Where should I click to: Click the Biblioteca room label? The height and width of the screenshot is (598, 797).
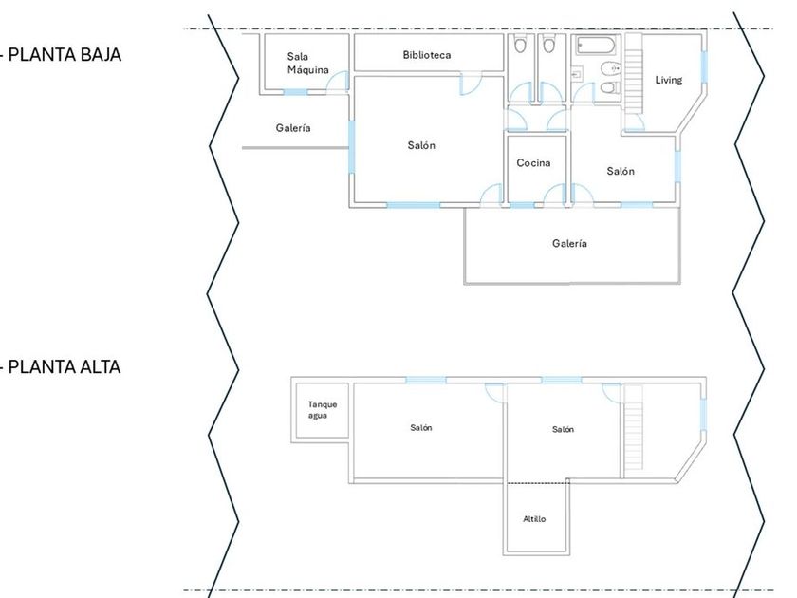point(426,55)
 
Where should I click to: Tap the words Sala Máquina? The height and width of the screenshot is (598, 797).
point(307,64)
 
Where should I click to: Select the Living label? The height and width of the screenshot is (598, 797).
point(669,80)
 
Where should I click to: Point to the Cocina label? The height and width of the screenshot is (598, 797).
point(533,163)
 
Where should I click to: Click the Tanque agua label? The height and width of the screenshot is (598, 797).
point(322,410)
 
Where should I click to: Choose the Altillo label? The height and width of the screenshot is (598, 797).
point(534,519)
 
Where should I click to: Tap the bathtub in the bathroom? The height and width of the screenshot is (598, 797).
point(595,48)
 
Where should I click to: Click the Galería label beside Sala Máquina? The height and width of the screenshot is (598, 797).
point(293,128)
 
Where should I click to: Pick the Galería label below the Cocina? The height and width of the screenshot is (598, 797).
point(569,244)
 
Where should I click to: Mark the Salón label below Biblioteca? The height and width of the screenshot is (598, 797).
point(421,145)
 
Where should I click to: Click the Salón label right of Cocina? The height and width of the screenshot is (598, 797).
point(621,171)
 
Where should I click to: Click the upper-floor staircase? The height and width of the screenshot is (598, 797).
point(633,433)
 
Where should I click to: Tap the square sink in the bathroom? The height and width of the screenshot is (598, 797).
point(577,73)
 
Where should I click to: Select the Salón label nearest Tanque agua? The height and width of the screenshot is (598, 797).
point(421,428)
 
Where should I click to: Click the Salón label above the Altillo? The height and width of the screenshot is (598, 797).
point(563,430)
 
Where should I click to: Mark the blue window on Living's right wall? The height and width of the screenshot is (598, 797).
point(704,65)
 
